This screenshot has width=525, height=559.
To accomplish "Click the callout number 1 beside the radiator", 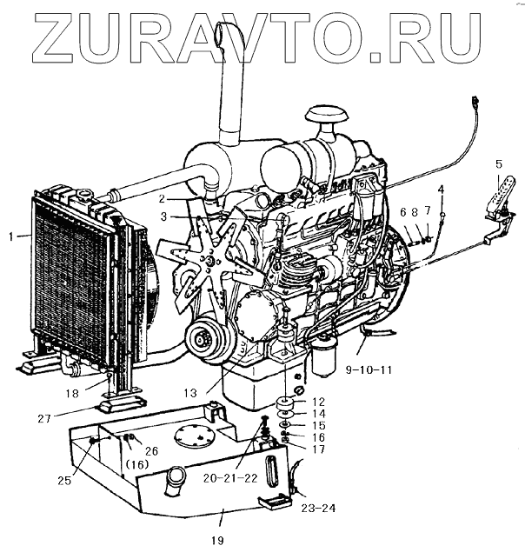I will tap(10, 236).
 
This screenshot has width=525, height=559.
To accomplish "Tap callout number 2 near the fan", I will tap(162, 198).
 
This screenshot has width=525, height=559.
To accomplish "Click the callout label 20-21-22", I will tap(229, 476).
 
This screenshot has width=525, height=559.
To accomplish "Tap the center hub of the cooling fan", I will tap(210, 257).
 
